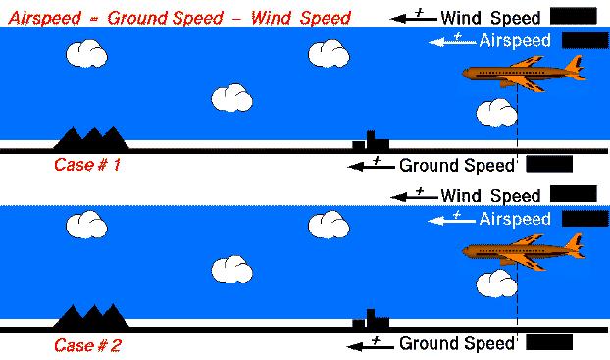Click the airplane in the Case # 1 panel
click(525, 75)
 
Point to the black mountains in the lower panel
click(90, 316)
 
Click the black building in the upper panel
click(370, 141)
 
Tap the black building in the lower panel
click(370, 320)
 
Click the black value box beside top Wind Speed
click(573, 16)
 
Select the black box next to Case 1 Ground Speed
click(549, 165)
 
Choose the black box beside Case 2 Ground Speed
click(549, 342)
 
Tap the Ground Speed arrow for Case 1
click(371, 166)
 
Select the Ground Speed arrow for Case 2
click(371, 344)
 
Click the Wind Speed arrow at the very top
click(413, 17)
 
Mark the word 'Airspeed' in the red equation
click(41, 18)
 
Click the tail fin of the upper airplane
click(577, 65)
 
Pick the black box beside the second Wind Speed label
click(573, 194)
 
